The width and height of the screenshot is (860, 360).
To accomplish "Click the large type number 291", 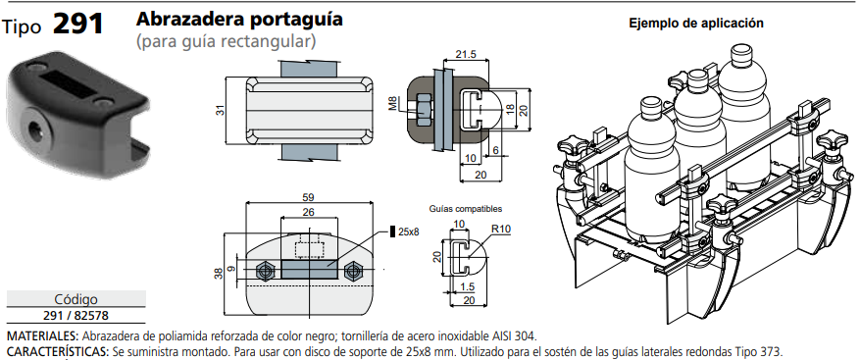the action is [x=77, y=24].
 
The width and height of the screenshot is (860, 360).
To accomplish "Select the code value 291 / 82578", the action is [x=76, y=316].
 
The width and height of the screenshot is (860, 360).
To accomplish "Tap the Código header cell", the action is [x=76, y=299].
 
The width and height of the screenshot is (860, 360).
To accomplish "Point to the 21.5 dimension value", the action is [x=466, y=54].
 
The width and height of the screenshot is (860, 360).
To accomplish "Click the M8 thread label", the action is [x=393, y=104].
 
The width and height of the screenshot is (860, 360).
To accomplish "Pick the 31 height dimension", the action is [x=220, y=110].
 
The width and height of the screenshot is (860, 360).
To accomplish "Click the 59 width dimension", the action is [x=308, y=197].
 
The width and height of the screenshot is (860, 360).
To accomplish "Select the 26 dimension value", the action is [x=308, y=212].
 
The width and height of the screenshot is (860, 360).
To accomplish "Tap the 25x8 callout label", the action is [x=408, y=231].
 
